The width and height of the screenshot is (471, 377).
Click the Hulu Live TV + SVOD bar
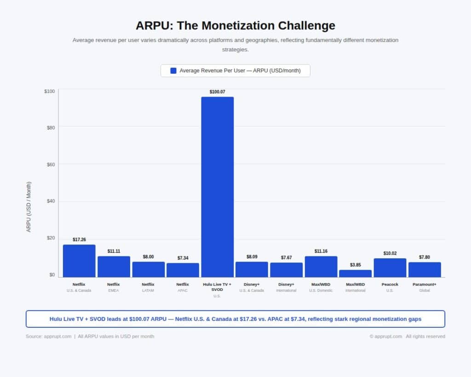[217, 187]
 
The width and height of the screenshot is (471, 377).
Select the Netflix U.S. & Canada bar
[79, 261]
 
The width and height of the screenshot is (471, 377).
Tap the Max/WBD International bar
[355, 273]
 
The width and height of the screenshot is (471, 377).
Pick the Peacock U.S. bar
[390, 267]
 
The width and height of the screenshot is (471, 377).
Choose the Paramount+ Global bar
[425, 269]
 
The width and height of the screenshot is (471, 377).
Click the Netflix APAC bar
[183, 270]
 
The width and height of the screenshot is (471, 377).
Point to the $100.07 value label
[217, 92]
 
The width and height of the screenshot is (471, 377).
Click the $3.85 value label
[355, 265]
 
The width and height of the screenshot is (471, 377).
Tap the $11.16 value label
[321, 251]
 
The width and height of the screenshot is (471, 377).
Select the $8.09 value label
[252, 257]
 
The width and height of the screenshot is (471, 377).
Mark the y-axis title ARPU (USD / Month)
[29, 207]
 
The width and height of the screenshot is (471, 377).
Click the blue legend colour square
[173, 70]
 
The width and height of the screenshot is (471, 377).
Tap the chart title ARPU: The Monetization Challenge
[235, 25]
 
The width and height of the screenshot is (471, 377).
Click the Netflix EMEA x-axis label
[114, 287]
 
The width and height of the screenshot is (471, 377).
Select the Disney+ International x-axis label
[286, 287]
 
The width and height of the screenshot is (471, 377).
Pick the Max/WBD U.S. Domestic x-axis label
[321, 287]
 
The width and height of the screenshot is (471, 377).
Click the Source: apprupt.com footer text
[48, 336]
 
